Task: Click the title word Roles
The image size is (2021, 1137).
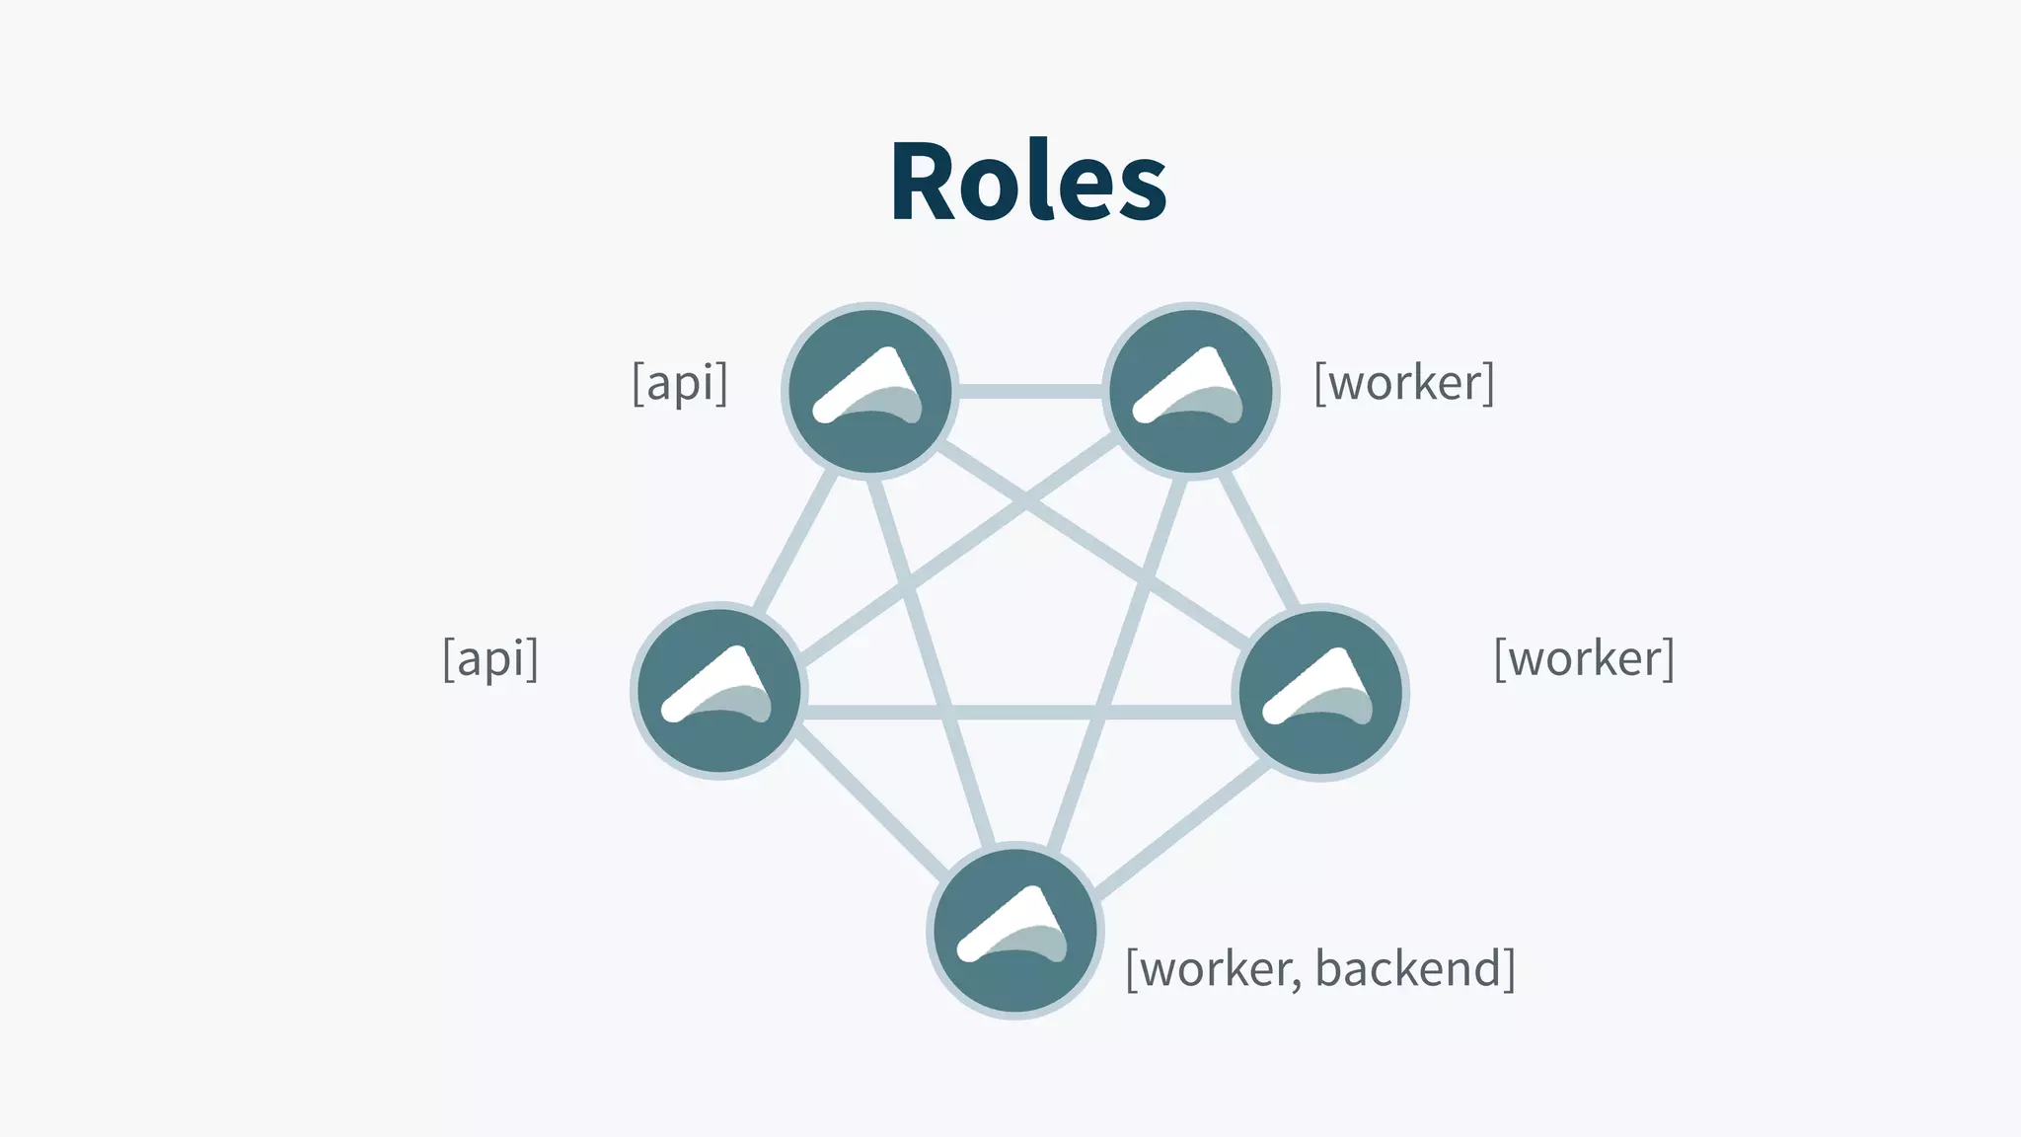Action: coord(1028,183)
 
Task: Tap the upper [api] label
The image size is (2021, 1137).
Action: coord(680,383)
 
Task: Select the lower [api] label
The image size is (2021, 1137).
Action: coord(490,658)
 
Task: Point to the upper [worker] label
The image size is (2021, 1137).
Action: coord(1403,383)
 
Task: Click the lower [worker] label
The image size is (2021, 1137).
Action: coord(1584,658)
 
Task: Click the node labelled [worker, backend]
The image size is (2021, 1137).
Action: coord(1014,931)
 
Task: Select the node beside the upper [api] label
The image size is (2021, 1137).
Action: coord(869,391)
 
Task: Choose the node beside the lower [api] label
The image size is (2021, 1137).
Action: coord(718,691)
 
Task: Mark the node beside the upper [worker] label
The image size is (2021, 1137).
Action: coord(1190,391)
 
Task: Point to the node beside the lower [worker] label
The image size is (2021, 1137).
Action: coord(1321,692)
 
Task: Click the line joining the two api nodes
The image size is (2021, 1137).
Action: coord(795,540)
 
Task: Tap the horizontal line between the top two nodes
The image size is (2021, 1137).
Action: coord(1029,392)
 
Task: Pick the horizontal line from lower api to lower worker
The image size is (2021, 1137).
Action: coord(1019,712)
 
